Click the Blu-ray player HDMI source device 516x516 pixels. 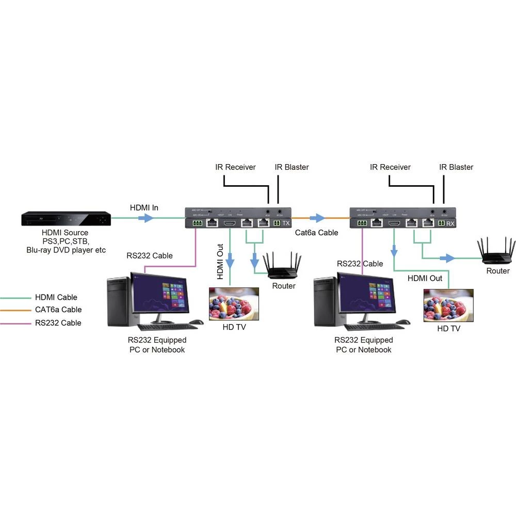(x=66, y=219)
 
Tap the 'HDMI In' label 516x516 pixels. (x=144, y=208)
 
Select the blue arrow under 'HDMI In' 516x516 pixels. (x=147, y=218)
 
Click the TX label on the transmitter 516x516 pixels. (x=286, y=223)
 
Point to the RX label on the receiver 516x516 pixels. (x=450, y=223)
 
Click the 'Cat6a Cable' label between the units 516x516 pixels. (x=316, y=233)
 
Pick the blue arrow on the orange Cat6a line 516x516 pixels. (x=317, y=218)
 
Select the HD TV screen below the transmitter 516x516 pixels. (x=233, y=304)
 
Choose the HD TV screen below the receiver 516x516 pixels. (x=448, y=305)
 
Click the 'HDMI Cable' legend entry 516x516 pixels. (x=56, y=297)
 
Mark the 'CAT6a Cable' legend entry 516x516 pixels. (x=58, y=310)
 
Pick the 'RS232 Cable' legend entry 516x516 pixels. (x=58, y=323)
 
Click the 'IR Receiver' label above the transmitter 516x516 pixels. (x=235, y=167)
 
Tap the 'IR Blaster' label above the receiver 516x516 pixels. (x=456, y=167)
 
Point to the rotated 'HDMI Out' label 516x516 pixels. (x=220, y=262)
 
